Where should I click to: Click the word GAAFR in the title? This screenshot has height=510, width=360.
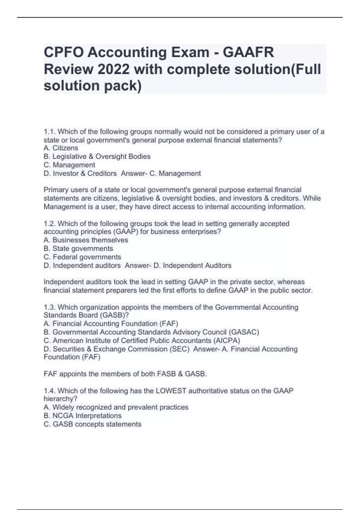pos(248,52)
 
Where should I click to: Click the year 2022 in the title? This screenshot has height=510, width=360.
pos(113,69)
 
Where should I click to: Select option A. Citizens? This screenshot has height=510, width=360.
pos(61,148)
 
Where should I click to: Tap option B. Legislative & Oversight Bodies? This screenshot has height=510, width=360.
pos(97,156)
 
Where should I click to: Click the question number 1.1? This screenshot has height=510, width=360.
pos(49,132)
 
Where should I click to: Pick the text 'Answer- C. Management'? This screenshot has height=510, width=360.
pos(161,173)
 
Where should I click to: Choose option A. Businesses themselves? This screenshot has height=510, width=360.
pos(86,240)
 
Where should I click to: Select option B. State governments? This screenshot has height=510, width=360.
pos(78,248)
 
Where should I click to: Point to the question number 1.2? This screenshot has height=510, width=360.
pos(49,223)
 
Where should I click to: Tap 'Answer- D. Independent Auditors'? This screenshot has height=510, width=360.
pos(178,265)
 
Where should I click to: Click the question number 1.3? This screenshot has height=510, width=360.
pos(49,307)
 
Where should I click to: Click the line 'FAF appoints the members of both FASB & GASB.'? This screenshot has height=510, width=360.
pos(125,374)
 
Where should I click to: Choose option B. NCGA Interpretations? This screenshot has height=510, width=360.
pos(82,415)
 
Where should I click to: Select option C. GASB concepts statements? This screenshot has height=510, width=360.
pos(92,424)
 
